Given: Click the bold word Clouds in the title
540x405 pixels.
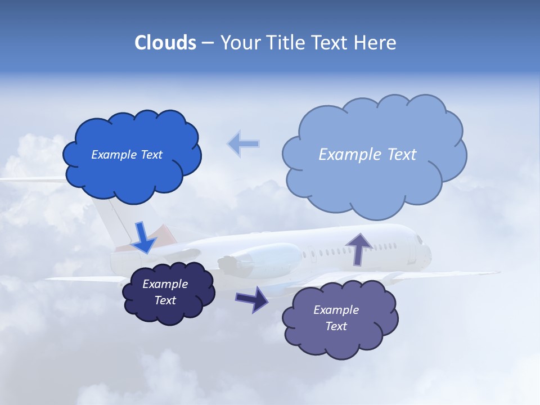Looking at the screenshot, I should pos(165,43).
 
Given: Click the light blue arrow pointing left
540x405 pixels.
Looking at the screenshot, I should pos(243,143).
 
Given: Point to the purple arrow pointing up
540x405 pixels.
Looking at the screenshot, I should pos(359,248).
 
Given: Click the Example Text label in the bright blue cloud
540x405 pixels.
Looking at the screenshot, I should pos(127,155).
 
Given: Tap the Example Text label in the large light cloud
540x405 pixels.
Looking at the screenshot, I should pos(367,155).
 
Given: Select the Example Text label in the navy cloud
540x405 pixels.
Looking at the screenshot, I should pos(165,292).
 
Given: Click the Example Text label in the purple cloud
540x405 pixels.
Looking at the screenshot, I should pos(336,318).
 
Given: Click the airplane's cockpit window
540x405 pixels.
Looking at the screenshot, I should pos(420,240).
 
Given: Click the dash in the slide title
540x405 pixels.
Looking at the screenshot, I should pos(207,43).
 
